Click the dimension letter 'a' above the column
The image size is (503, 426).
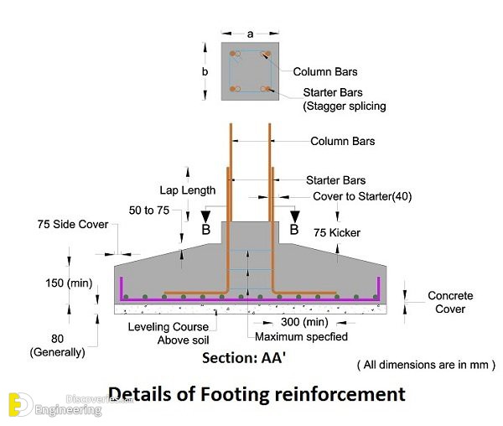tap(250, 34)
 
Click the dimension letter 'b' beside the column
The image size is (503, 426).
tap(205, 71)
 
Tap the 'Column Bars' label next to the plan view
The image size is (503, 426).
tap(325, 71)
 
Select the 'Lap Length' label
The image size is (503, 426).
tap(188, 190)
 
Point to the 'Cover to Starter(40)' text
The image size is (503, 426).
tap(362, 196)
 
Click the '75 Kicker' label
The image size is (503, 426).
tap(337, 232)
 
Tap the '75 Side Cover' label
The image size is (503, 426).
tap(73, 224)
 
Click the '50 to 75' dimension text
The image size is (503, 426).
tap(149, 210)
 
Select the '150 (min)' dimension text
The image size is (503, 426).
tap(69, 283)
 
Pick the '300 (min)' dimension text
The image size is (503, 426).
tap(304, 322)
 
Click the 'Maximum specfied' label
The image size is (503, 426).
tap(301, 336)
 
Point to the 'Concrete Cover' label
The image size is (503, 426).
tap(450, 302)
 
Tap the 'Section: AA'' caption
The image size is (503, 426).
tap(244, 358)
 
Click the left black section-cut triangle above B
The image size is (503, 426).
tap(205, 216)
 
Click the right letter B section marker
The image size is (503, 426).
tap(294, 230)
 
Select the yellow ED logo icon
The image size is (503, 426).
tap(20, 404)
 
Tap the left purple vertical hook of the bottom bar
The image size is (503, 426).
tap(122, 288)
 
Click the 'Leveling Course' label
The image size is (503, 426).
tap(169, 327)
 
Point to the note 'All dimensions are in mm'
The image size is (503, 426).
tap(426, 365)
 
